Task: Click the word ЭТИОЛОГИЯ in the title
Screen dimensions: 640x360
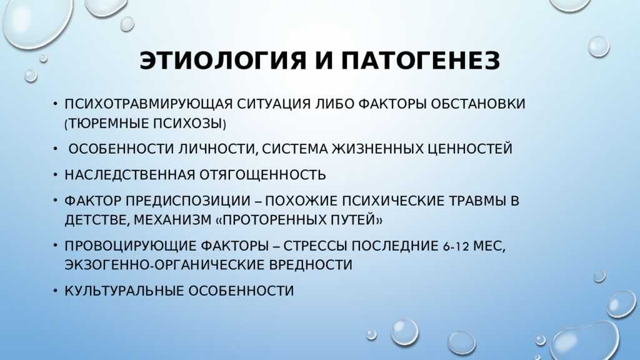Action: tap(222, 61)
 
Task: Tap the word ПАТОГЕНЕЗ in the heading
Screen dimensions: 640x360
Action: tap(421, 61)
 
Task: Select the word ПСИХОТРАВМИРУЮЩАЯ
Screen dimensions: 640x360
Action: tap(149, 104)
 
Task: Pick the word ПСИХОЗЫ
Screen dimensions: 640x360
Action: tap(187, 123)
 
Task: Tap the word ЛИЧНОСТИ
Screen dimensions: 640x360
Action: tap(218, 149)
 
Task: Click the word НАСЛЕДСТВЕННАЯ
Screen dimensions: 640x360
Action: tap(130, 175)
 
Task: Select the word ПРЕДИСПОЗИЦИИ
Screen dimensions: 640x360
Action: tap(188, 201)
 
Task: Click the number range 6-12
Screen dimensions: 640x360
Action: tap(456, 246)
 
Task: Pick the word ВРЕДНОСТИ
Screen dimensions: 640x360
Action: tap(311, 265)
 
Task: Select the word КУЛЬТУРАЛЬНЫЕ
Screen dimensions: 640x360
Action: tap(125, 291)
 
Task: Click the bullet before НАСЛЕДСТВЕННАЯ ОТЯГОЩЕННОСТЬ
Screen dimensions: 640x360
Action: tap(56, 175)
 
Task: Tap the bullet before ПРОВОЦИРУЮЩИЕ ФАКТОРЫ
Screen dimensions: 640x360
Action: tap(56, 246)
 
